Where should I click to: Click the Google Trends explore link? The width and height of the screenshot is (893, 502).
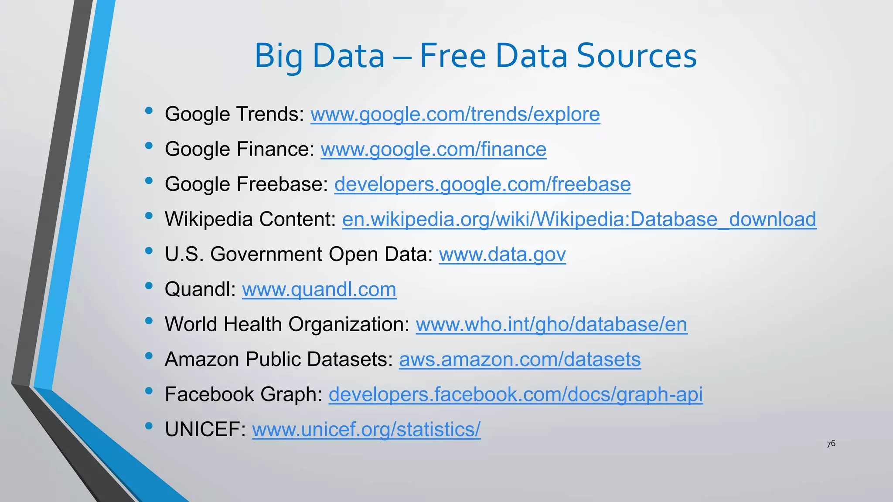coord(455,114)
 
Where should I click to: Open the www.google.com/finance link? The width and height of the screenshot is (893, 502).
coord(433,149)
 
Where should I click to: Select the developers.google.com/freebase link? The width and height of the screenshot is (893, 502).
coord(482,184)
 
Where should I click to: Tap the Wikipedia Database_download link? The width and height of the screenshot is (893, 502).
coord(579,219)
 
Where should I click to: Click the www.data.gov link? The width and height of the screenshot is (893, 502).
coord(502,254)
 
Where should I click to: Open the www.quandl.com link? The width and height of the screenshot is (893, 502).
coord(319,289)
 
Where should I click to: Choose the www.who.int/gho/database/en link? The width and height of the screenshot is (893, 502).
coord(551,325)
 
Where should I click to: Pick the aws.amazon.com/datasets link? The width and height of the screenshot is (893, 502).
coord(519,360)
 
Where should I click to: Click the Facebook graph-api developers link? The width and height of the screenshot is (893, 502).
coord(515,394)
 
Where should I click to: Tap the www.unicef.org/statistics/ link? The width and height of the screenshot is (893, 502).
coord(366,430)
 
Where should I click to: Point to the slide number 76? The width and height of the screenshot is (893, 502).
coord(831,444)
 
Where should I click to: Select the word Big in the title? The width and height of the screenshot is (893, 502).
coord(279,57)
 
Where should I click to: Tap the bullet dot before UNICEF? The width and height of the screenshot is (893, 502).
coord(149,426)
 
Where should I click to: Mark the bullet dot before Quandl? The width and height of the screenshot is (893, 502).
coord(149,286)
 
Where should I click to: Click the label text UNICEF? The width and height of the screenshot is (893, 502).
coord(205,430)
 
